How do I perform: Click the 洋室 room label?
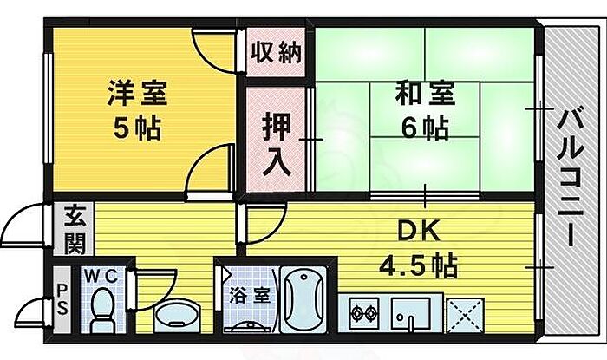point(138,91)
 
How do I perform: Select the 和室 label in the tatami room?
point(425,93)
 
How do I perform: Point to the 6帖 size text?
point(425,128)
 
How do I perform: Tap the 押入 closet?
point(276,141)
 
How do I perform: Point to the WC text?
point(105,277)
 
